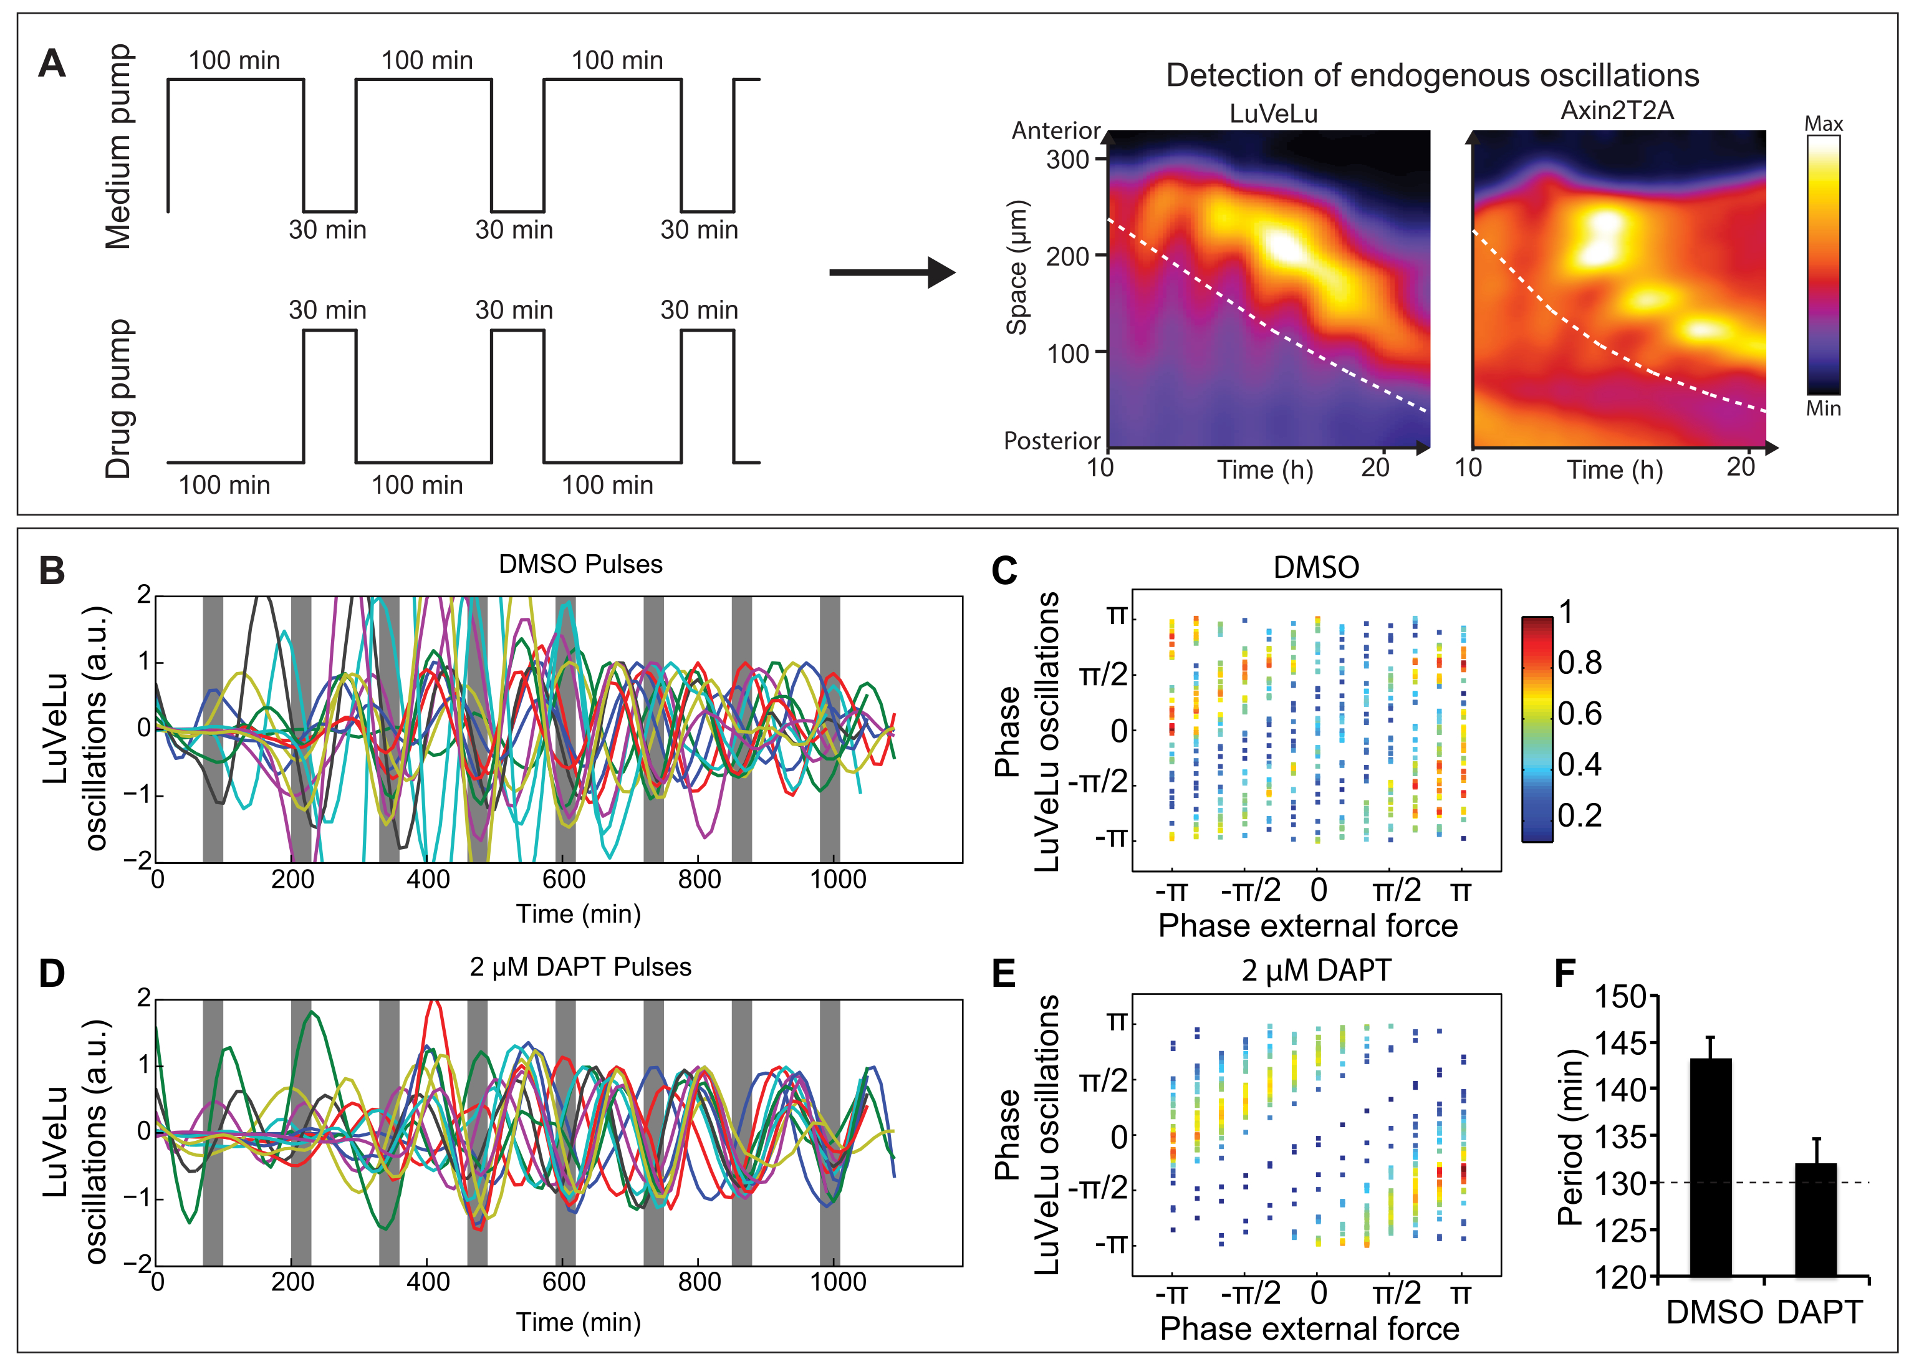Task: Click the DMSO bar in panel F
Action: (x=1710, y=1168)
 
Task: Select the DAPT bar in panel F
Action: (x=1815, y=1220)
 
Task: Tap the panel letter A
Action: (x=52, y=63)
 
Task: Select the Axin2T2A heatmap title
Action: (x=1617, y=110)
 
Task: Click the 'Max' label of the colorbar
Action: (x=1823, y=124)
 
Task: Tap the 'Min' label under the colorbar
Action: (x=1823, y=409)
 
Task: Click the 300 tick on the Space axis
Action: (x=1068, y=160)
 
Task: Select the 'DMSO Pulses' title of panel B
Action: (x=580, y=564)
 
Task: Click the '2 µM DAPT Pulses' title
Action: (x=580, y=967)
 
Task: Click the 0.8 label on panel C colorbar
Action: (x=1579, y=663)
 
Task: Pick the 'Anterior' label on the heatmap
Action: (x=1056, y=131)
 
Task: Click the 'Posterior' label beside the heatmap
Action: (x=1052, y=441)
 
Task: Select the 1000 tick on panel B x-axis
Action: (x=838, y=879)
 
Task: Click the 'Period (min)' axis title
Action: (x=1569, y=1137)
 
